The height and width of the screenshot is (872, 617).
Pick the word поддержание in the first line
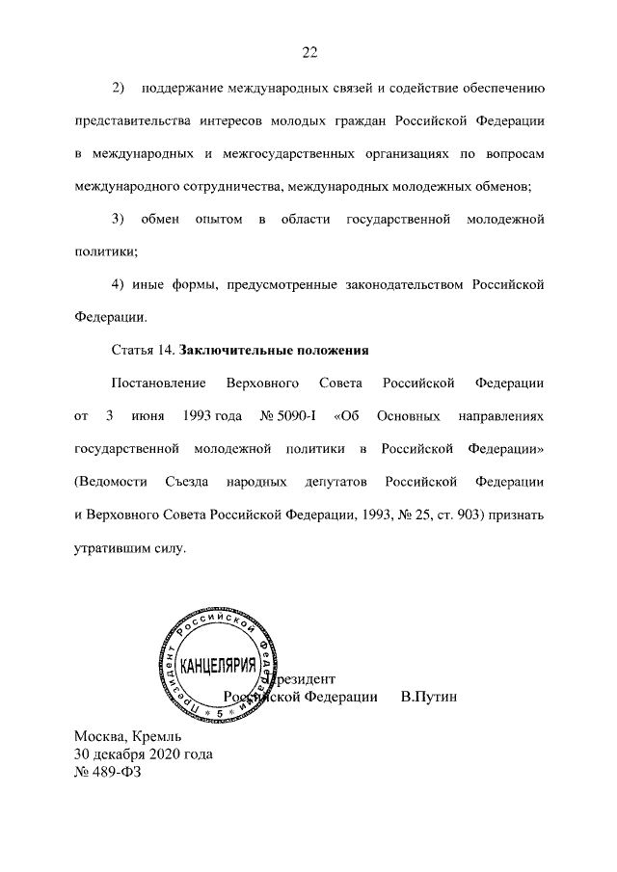click(x=182, y=90)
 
